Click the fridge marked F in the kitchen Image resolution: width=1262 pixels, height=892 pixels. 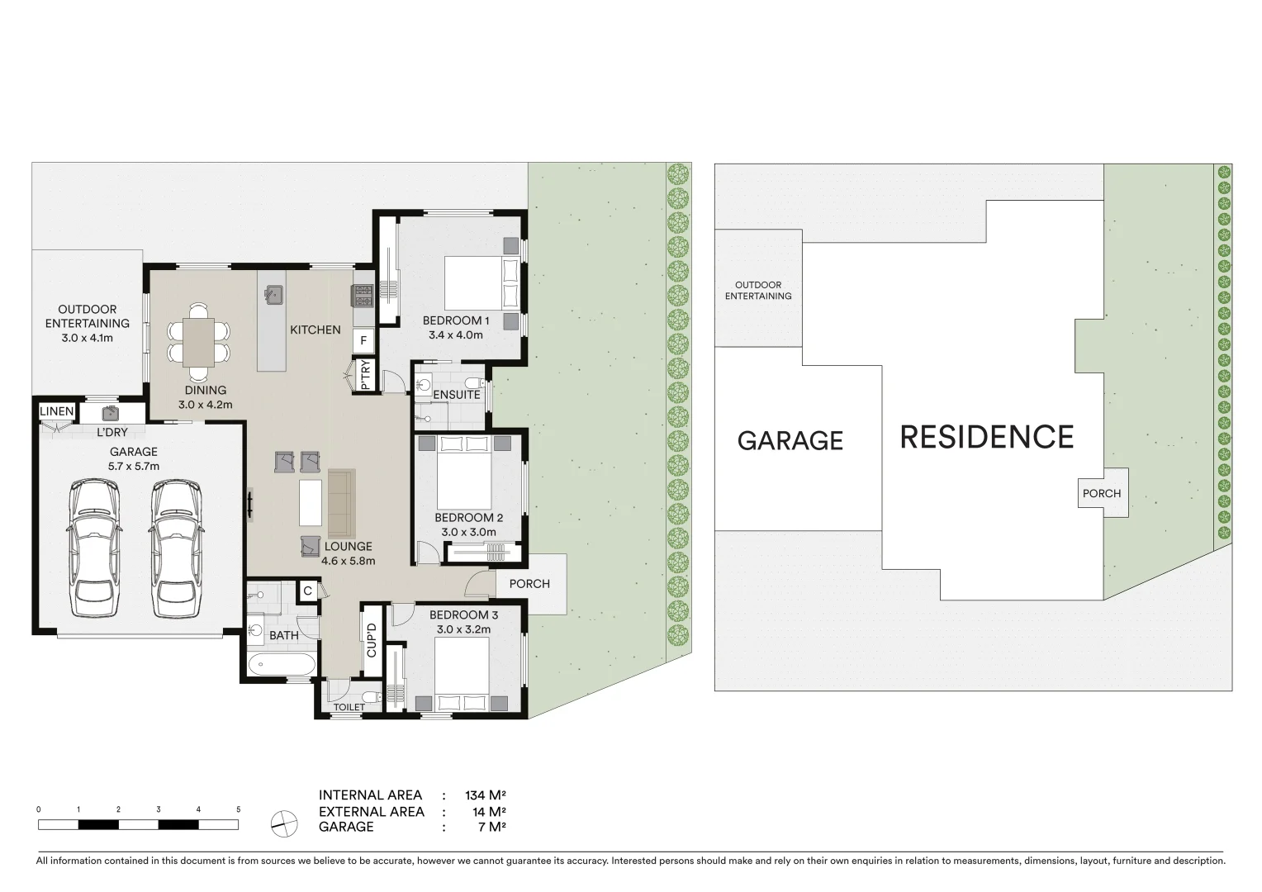click(x=363, y=340)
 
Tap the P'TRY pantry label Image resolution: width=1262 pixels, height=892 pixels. click(x=365, y=376)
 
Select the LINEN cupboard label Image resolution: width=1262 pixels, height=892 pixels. click(x=56, y=411)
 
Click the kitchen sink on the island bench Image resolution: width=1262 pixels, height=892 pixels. click(x=274, y=294)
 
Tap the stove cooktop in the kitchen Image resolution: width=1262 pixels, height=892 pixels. click(x=363, y=294)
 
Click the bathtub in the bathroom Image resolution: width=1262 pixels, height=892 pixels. click(x=281, y=664)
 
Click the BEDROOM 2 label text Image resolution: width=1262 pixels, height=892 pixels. click(x=468, y=518)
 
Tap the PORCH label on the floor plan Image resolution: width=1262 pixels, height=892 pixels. click(x=529, y=584)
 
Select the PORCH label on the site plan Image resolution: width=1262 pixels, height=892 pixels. click(x=1102, y=493)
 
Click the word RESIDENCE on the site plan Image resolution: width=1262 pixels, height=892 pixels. click(x=986, y=437)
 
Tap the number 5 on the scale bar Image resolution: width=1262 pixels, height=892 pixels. click(x=238, y=809)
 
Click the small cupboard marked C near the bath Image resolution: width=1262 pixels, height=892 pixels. click(x=307, y=591)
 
